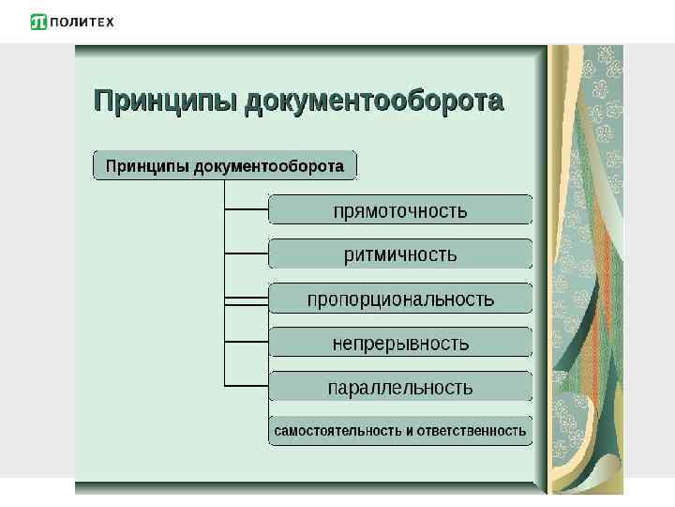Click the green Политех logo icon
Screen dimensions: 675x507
pos(38,22)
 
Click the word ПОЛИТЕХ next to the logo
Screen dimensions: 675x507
pos(82,22)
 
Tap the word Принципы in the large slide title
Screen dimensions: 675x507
pos(165,101)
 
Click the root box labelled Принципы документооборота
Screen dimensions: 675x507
pos(225,166)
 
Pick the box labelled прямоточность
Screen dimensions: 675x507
pos(400,209)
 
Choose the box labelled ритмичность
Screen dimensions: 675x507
pos(400,254)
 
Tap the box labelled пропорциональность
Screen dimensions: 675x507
pos(400,300)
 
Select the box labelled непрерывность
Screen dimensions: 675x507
pos(400,344)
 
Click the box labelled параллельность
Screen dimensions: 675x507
pos(400,387)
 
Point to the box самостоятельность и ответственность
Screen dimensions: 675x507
pos(400,431)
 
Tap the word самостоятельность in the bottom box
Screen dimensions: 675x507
pos(336,431)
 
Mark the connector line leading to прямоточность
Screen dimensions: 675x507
pos(247,208)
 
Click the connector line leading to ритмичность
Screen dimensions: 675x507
pos(247,253)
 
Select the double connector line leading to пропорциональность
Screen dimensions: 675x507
pos(247,300)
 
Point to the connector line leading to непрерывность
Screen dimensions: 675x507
pos(247,342)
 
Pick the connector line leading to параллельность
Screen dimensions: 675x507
pos(247,386)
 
